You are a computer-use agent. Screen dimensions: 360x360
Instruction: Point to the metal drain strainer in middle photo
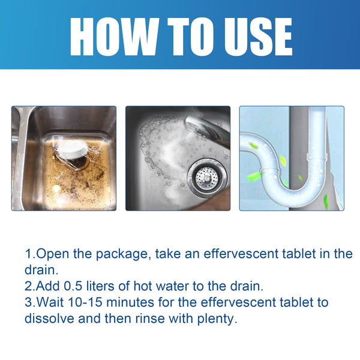(206, 176)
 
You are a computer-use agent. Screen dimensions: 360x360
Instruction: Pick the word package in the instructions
(124, 254)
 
